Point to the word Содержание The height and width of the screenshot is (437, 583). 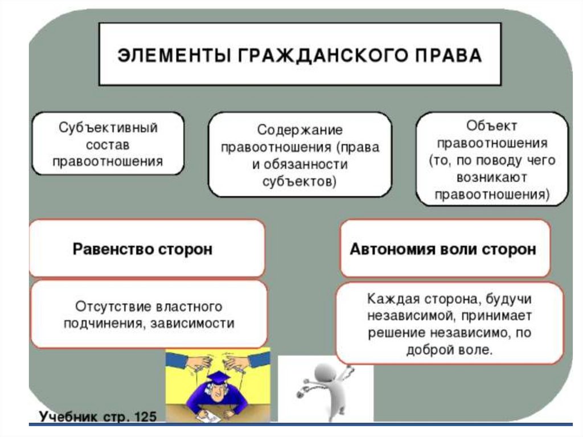pos(299,130)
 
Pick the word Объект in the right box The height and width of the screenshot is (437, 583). pos(492,125)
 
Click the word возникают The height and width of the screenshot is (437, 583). pos(492,177)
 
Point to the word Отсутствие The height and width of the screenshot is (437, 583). pos(111,307)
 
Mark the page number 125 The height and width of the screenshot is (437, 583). pos(144,416)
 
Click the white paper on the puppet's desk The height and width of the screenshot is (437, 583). pos(210,418)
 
